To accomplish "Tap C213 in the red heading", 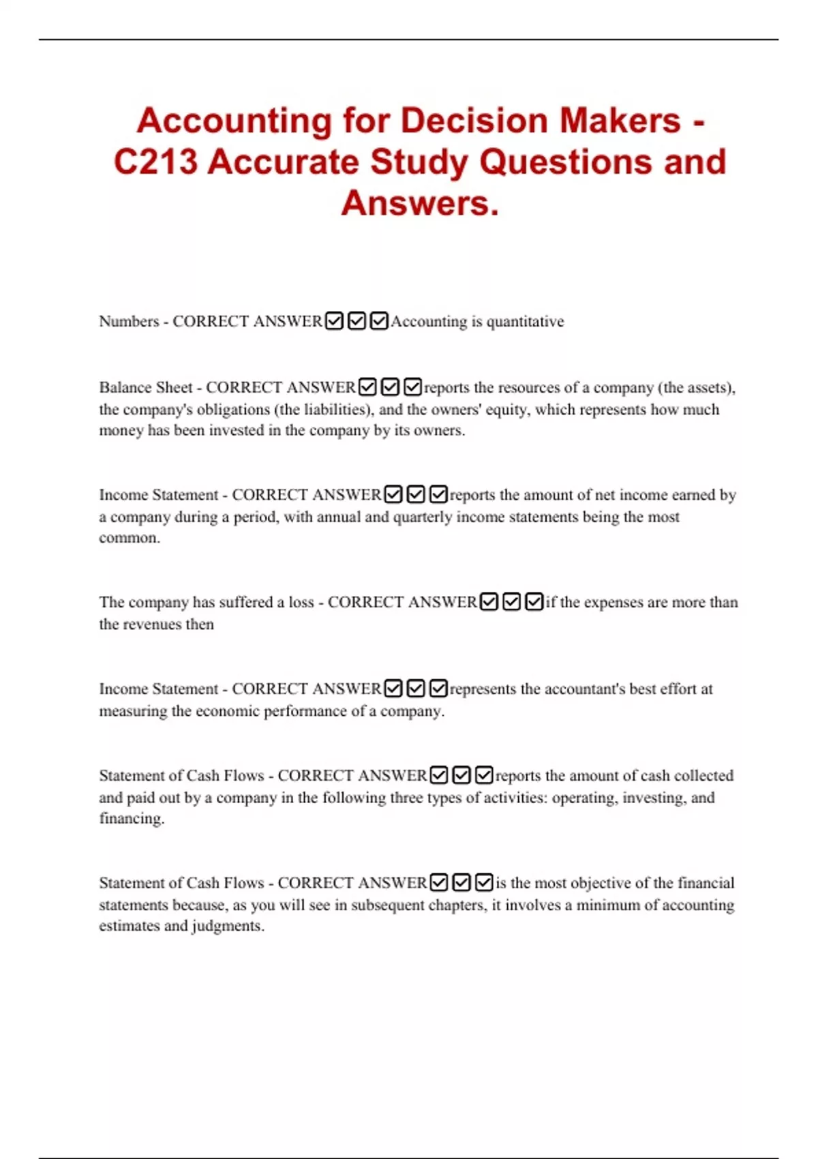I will coord(155,162).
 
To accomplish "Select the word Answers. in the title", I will coord(420,203).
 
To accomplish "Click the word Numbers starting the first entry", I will coord(129,321).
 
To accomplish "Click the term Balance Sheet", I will coord(146,387).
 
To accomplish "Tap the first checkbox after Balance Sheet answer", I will coord(367,387).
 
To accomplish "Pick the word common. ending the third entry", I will coord(130,538).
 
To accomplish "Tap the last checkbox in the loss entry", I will coord(534,602).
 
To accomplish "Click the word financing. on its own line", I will coord(132,819).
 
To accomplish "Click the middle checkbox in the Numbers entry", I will coord(357,321).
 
